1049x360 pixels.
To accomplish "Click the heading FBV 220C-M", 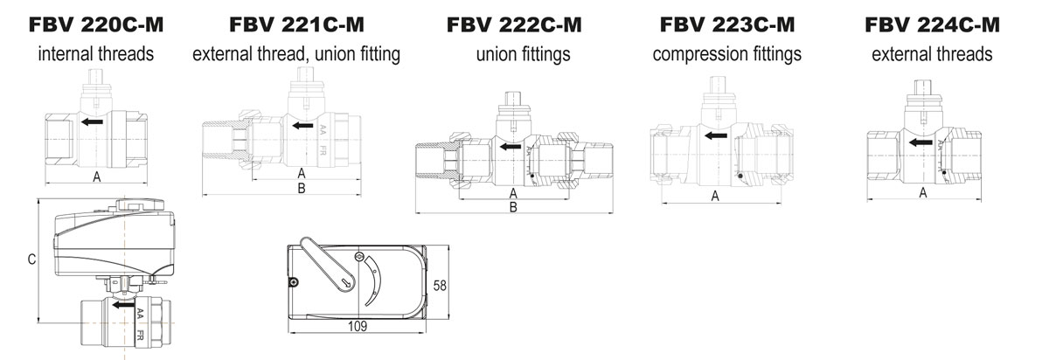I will (96, 24).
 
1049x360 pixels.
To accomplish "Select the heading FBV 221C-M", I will (296, 24).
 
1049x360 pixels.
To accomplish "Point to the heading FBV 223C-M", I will (727, 24).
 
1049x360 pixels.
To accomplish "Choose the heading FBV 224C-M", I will (932, 24).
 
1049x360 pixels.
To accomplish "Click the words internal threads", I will (96, 54).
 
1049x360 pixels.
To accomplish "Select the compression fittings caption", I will (727, 54).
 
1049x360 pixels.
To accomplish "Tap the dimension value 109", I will (358, 326).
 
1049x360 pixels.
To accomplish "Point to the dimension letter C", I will (31, 259).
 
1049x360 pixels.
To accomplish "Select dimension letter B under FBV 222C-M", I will (513, 207).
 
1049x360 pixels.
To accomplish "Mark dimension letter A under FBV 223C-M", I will (714, 197).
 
